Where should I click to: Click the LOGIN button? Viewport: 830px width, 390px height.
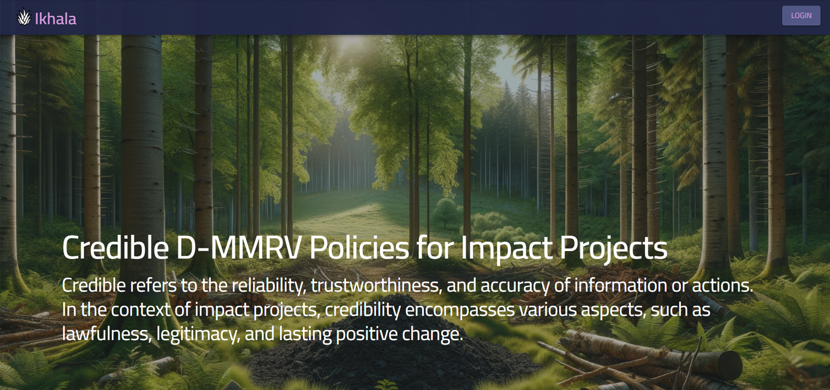[801, 15]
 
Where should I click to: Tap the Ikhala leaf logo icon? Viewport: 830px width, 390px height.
[24, 17]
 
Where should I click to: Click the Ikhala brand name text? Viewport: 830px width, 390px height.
[56, 19]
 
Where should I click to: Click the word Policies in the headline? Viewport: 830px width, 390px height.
[359, 248]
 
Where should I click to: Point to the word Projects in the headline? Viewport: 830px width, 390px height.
[614, 249]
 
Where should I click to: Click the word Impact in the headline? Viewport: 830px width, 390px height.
[506, 249]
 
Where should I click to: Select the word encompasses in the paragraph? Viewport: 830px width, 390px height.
[460, 311]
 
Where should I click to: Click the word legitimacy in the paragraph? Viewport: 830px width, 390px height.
[198, 334]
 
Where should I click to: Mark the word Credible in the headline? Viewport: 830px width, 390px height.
[115, 248]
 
